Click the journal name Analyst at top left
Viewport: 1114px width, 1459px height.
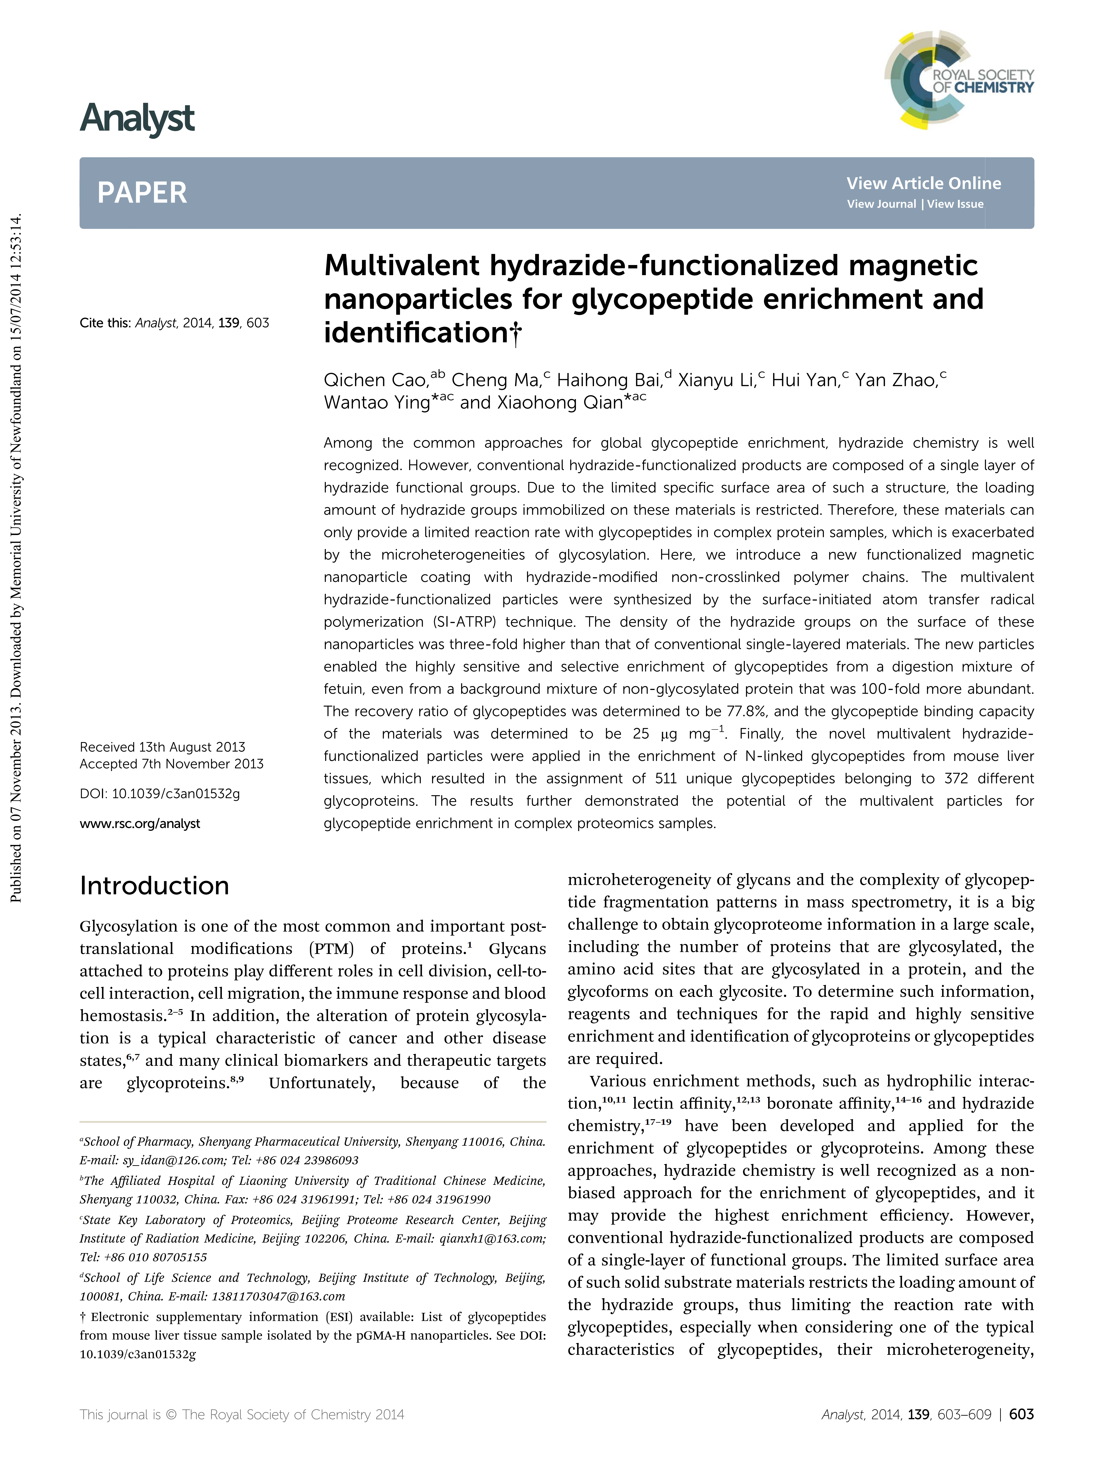point(137,119)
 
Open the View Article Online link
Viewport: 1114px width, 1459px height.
point(923,184)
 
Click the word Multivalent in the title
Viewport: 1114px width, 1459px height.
point(401,266)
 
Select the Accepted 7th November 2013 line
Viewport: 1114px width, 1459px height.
point(171,764)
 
